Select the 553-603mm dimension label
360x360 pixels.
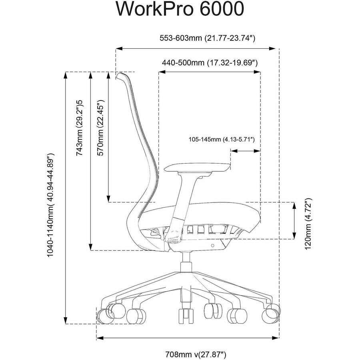(207, 38)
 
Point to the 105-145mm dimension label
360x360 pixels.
(222, 140)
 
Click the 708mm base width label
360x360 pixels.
(196, 354)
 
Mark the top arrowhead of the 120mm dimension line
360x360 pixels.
(295, 204)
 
